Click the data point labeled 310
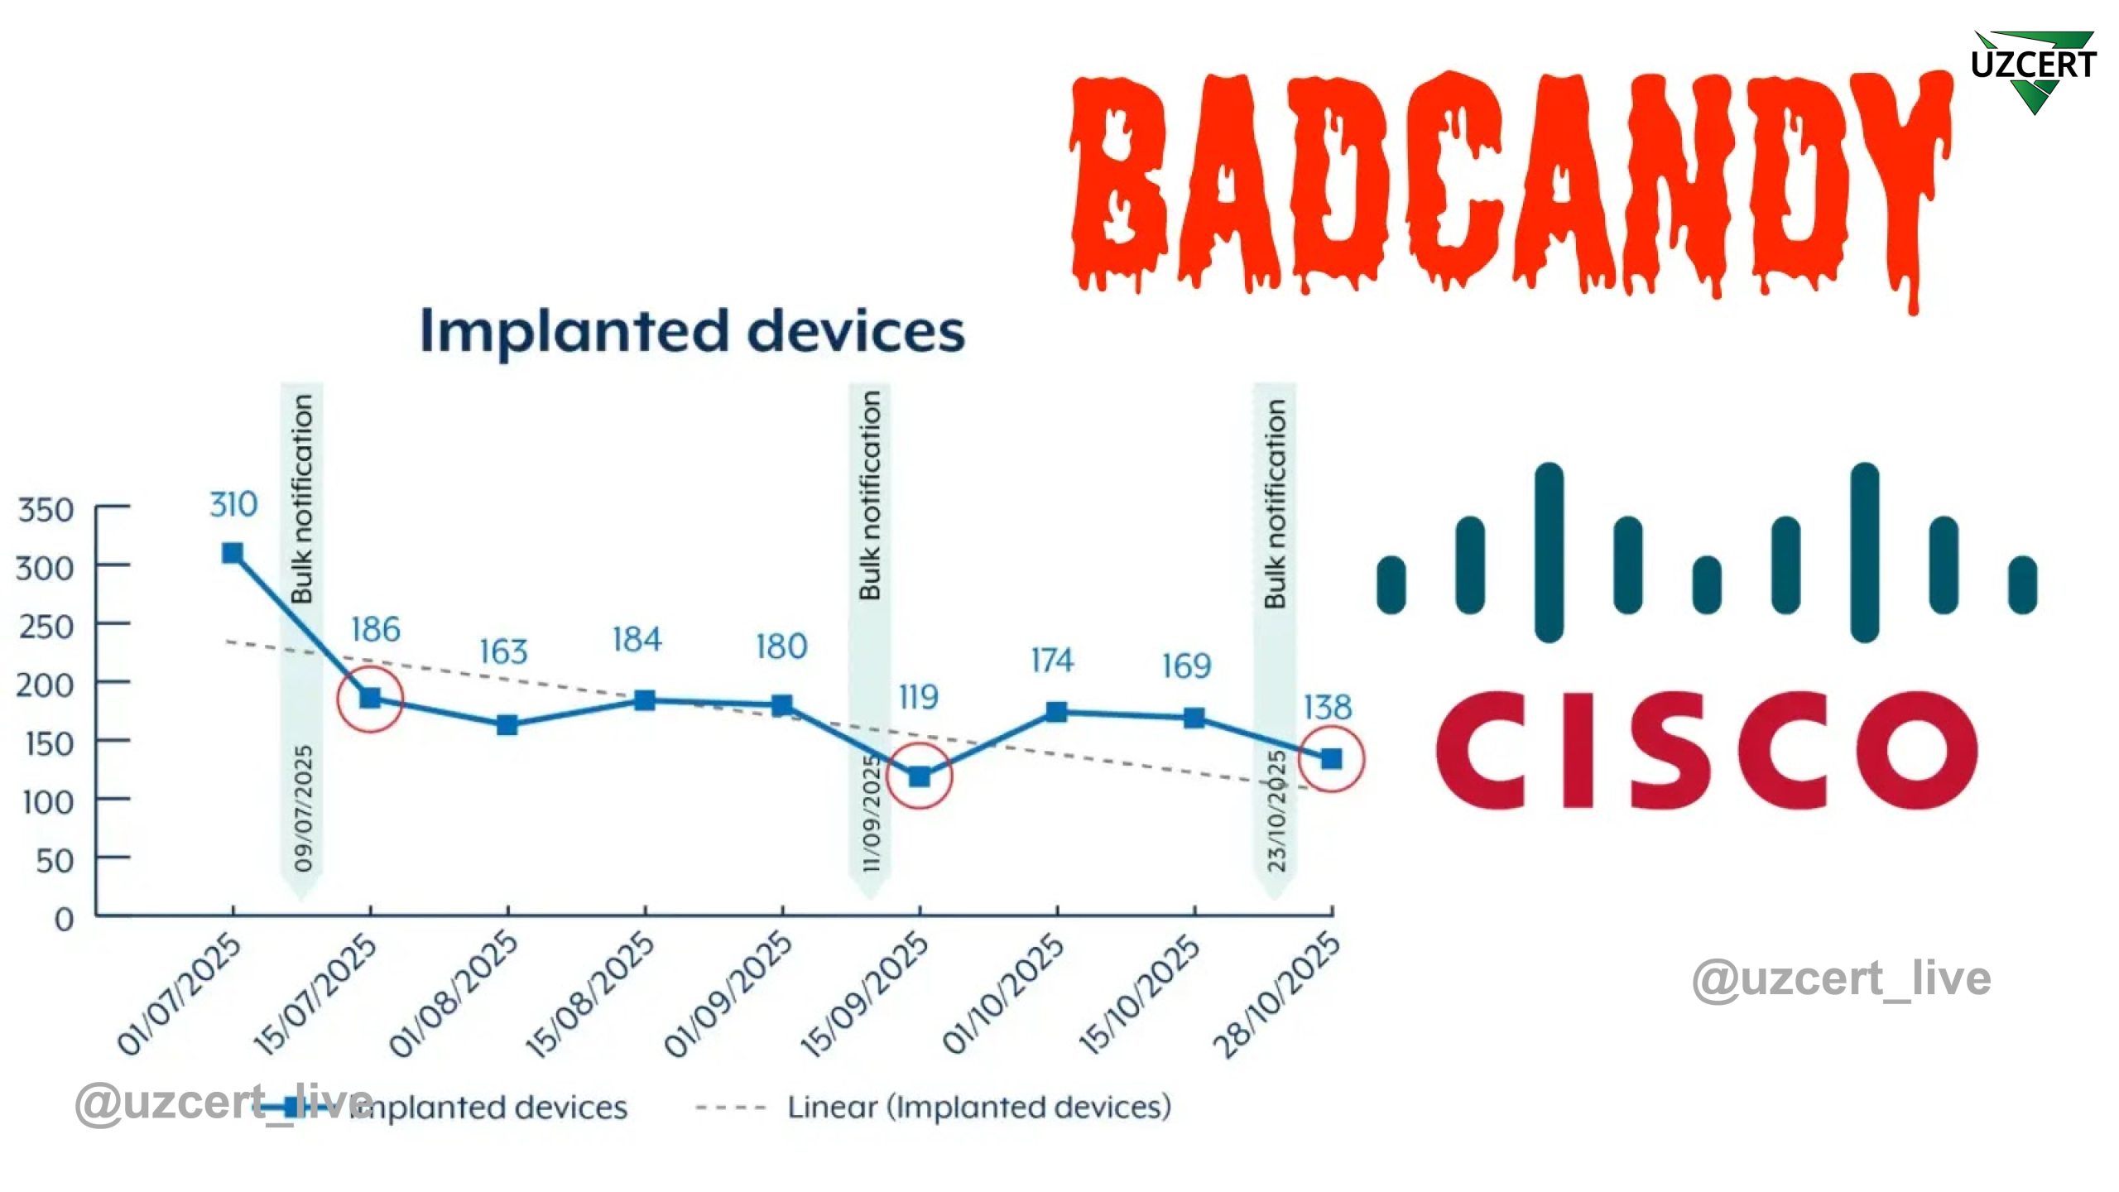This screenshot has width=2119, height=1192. click(233, 553)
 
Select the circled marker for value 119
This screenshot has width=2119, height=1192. click(919, 776)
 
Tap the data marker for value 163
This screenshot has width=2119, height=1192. click(507, 725)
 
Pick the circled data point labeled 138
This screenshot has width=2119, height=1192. click(1331, 758)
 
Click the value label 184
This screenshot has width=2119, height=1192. click(637, 640)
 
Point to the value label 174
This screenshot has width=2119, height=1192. click(1052, 661)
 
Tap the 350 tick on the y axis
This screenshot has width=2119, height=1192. click(46, 510)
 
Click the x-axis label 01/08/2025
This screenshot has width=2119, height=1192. click(454, 993)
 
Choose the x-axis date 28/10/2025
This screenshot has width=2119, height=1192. click(1276, 994)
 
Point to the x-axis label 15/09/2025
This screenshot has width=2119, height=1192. click(864, 993)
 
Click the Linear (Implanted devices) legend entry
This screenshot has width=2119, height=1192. click(979, 1107)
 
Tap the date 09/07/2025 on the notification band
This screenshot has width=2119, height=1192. click(304, 808)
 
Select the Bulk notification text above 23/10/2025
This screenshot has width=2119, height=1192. click(1275, 503)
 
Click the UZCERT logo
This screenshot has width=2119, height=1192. click(2033, 70)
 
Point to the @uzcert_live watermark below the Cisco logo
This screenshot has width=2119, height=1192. click(1841, 980)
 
